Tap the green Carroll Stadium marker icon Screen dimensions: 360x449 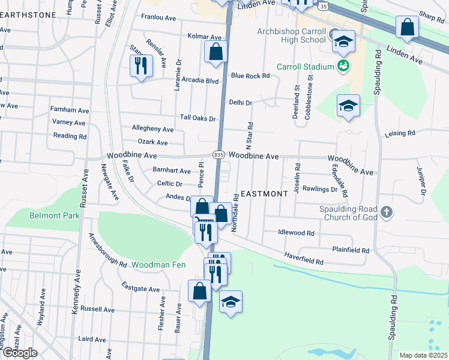coord(343,65)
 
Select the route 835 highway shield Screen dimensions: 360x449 coord(218,155)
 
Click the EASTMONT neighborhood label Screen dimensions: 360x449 coord(264,194)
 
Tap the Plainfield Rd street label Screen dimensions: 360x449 coord(351,250)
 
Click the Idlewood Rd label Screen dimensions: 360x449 coord(296,232)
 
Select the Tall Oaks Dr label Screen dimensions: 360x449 coord(197,118)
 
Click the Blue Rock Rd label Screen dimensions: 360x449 coord(250,76)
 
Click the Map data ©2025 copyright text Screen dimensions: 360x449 coord(423,355)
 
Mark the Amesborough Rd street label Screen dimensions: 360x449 coord(107,251)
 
